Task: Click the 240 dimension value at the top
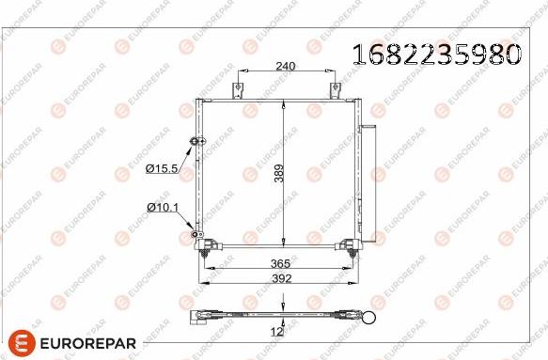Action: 286,66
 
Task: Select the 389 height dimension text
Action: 278,173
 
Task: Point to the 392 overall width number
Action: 278,279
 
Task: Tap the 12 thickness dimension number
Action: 278,330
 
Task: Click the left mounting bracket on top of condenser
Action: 240,90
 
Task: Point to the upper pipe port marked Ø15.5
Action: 196,142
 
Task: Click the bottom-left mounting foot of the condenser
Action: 205,247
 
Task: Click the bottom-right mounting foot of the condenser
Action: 351,248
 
